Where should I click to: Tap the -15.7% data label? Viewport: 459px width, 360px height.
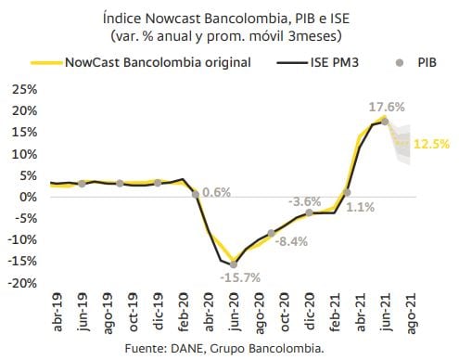tap(240, 277)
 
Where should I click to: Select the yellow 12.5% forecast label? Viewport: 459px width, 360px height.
tap(432, 144)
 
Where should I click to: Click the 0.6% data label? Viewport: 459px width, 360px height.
tap(216, 193)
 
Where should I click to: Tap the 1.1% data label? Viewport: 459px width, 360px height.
tap(361, 208)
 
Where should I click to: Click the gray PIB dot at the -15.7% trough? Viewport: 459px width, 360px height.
tap(233, 264)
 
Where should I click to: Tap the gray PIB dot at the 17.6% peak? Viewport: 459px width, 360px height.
tap(385, 122)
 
